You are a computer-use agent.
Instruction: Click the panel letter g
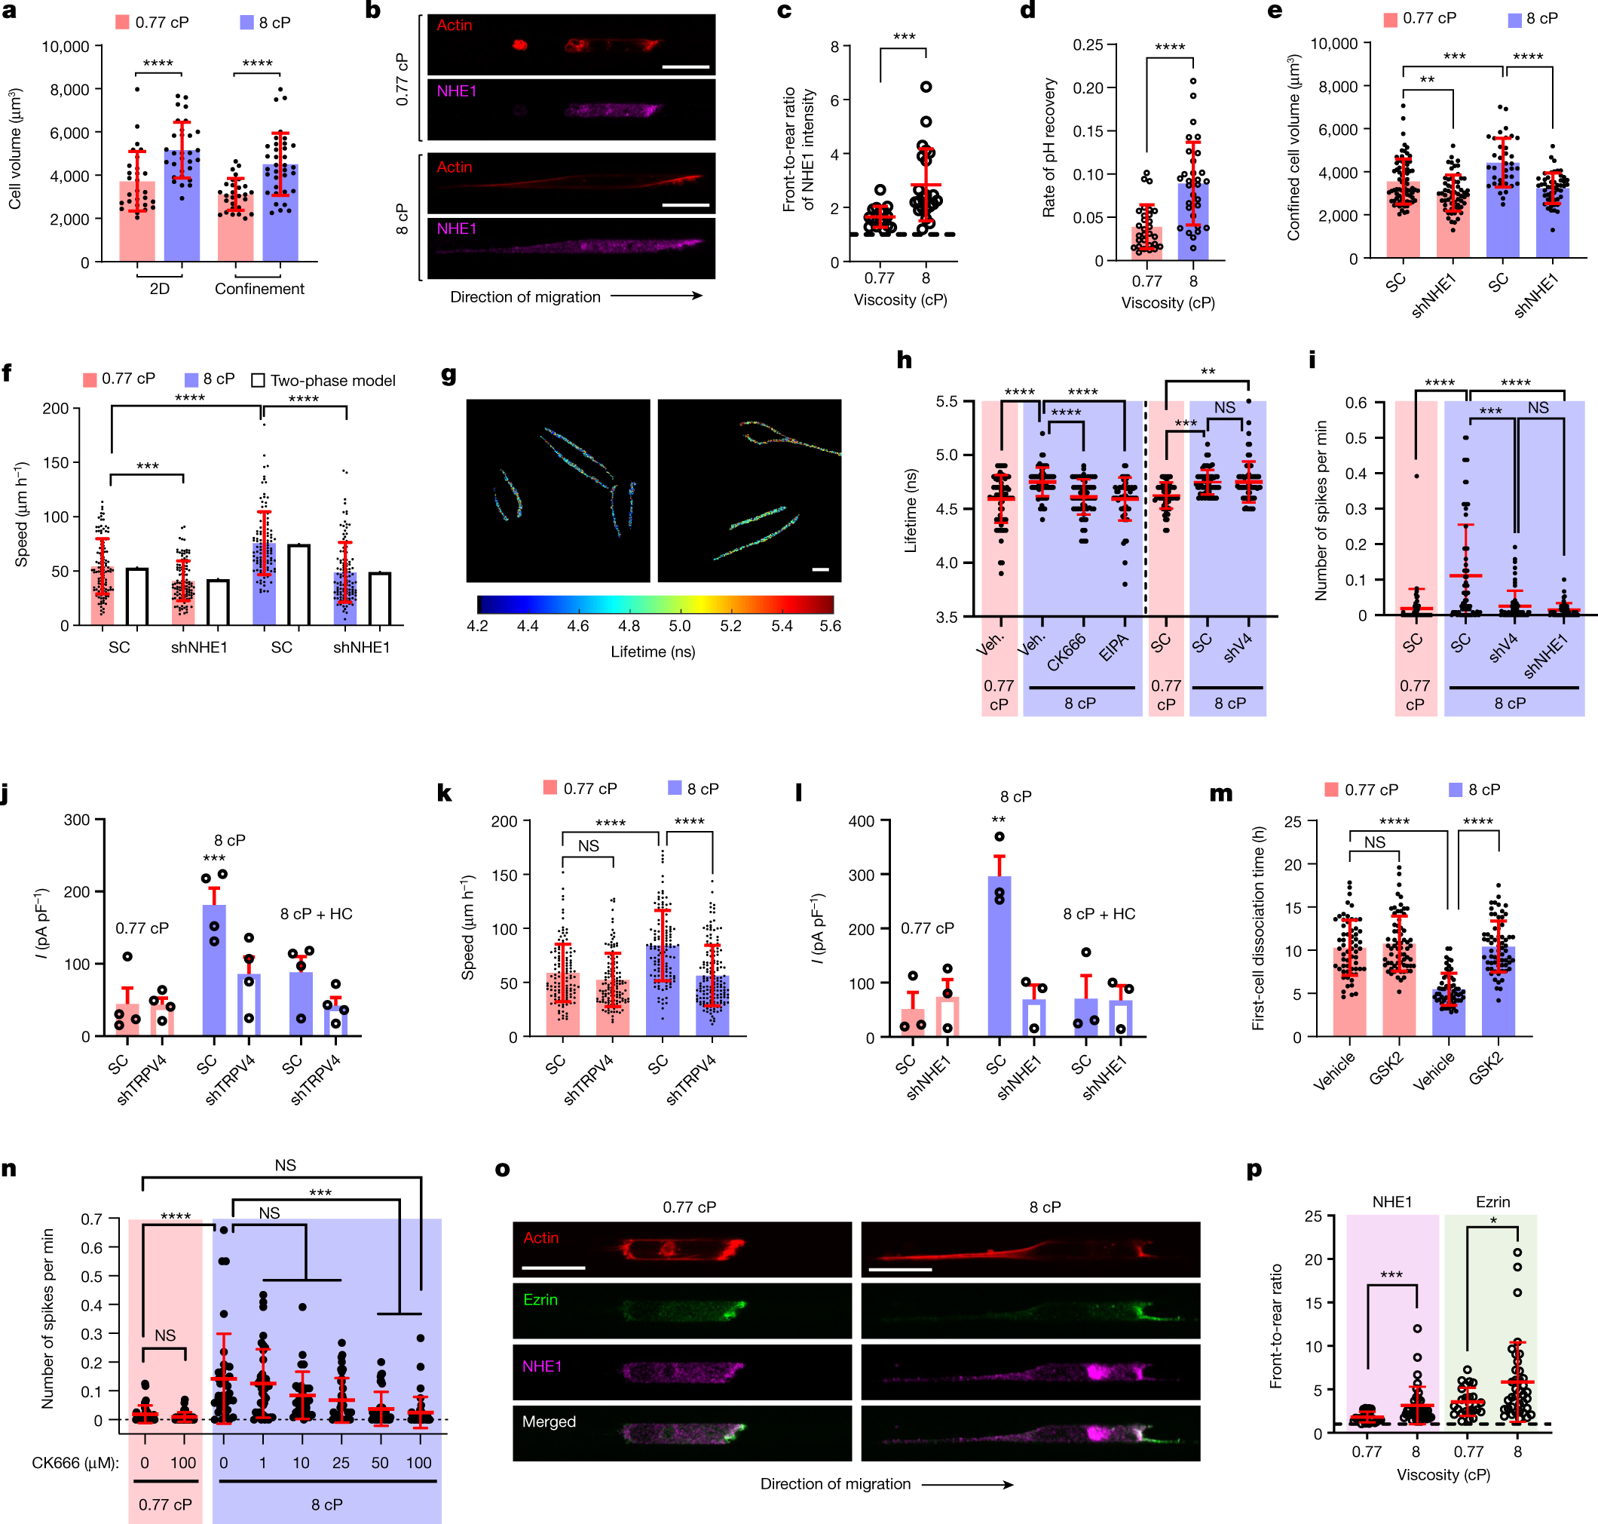pyautogui.click(x=448, y=375)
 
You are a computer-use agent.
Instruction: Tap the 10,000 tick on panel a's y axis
pyautogui.click(x=65, y=46)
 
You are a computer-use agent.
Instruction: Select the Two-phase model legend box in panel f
pyautogui.click(x=259, y=380)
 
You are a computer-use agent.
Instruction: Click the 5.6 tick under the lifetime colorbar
pyautogui.click(x=830, y=626)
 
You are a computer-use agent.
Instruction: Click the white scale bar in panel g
pyautogui.click(x=820, y=569)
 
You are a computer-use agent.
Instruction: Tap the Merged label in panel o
pyautogui.click(x=549, y=1421)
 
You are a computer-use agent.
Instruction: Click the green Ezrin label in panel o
pyautogui.click(x=540, y=1299)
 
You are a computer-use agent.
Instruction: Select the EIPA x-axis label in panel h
pyautogui.click(x=1113, y=648)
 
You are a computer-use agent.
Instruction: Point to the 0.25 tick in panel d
pyautogui.click(x=1087, y=44)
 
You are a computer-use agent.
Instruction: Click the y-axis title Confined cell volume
pyautogui.click(x=1293, y=147)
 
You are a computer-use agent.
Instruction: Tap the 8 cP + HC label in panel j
pyautogui.click(x=316, y=914)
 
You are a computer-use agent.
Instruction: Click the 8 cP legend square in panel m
pyautogui.click(x=1455, y=789)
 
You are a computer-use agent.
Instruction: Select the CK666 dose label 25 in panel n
pyautogui.click(x=341, y=1462)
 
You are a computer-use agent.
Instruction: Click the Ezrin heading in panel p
pyautogui.click(x=1492, y=1201)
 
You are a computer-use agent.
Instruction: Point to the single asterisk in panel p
pyautogui.click(x=1492, y=1221)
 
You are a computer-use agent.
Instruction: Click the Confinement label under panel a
pyautogui.click(x=259, y=288)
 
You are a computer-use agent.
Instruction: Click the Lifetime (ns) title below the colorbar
pyautogui.click(x=653, y=652)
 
